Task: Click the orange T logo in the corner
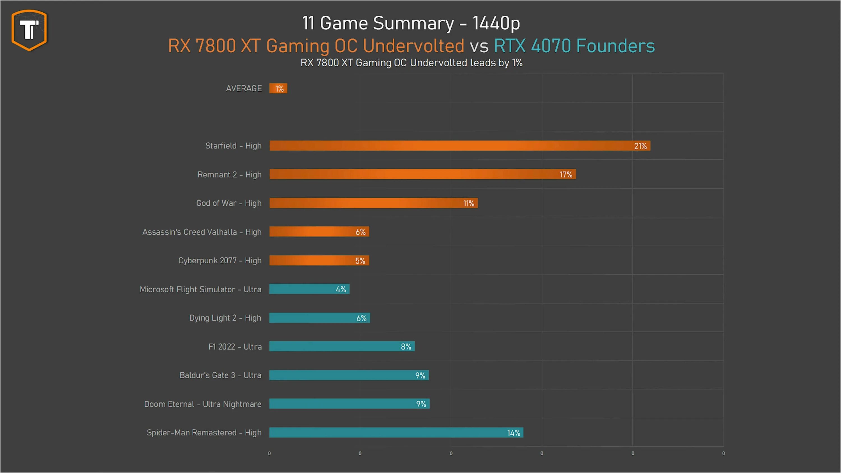(29, 30)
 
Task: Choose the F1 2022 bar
(341, 346)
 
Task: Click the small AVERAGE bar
(278, 89)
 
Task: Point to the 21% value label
(640, 146)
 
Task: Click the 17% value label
(566, 175)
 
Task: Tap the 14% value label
(513, 433)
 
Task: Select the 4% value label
(341, 289)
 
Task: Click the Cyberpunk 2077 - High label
(220, 261)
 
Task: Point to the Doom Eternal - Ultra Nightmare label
(202, 404)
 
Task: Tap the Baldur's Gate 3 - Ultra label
(220, 375)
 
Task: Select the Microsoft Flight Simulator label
(200, 289)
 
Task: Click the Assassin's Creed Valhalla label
(202, 232)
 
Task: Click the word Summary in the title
(413, 24)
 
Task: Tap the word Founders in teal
(615, 46)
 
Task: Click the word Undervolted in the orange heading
(413, 46)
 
